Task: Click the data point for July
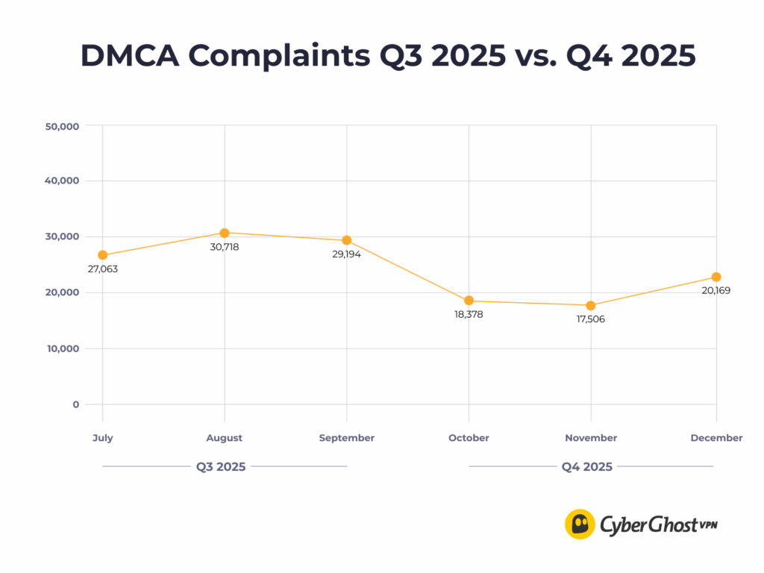tap(102, 255)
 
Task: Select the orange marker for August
tap(225, 233)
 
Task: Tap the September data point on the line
tap(347, 240)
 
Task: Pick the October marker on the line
tap(469, 301)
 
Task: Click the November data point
tap(591, 305)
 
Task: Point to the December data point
tap(716, 277)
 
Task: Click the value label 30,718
tap(225, 246)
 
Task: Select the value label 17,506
tap(591, 319)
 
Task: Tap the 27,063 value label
tap(103, 269)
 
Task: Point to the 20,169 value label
tap(716, 290)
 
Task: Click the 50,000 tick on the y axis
tap(63, 126)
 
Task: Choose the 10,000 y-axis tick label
tap(63, 348)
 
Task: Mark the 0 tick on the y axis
tap(76, 404)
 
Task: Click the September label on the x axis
tap(347, 438)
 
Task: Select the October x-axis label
tap(469, 438)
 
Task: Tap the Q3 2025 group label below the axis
tap(221, 467)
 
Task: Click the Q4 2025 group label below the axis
tap(587, 467)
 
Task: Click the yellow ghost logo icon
tap(580, 524)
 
